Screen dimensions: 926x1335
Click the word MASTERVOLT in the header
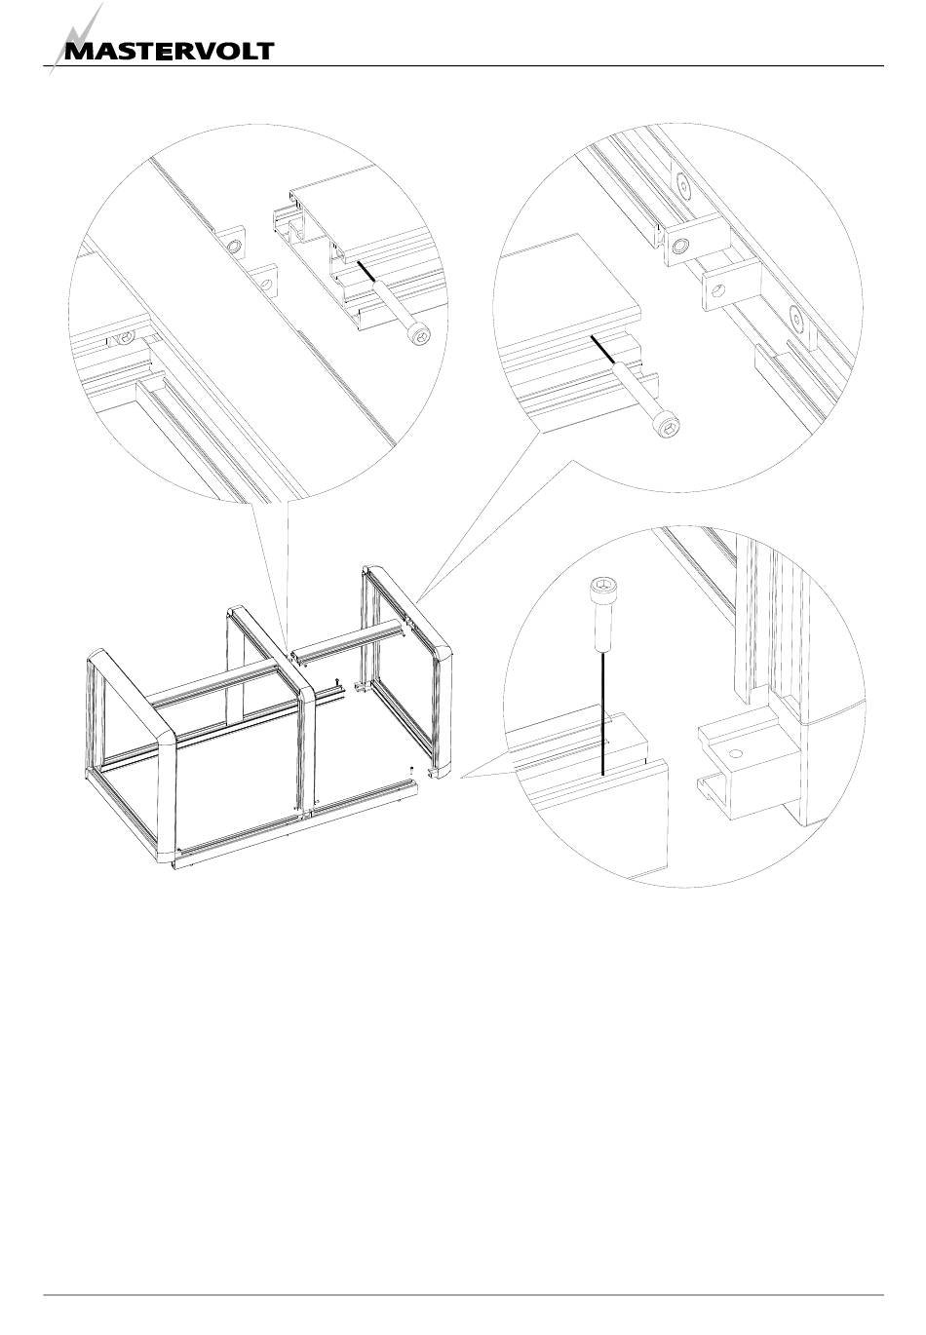pyautogui.click(x=170, y=52)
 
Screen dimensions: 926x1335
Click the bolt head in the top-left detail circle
pyautogui.click(x=418, y=335)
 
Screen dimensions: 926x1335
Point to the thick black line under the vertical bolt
pyautogui.click(x=602, y=714)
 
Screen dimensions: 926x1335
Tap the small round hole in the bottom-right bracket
pyautogui.click(x=736, y=754)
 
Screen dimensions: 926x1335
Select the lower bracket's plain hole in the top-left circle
pyautogui.click(x=266, y=283)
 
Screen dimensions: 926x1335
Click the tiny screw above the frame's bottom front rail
pyautogui.click(x=411, y=770)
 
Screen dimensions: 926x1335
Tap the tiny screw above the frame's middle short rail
pyautogui.click(x=337, y=680)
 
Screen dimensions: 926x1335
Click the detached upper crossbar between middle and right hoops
pyautogui.click(x=348, y=644)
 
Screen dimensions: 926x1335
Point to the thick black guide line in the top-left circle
pyautogui.click(x=367, y=271)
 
